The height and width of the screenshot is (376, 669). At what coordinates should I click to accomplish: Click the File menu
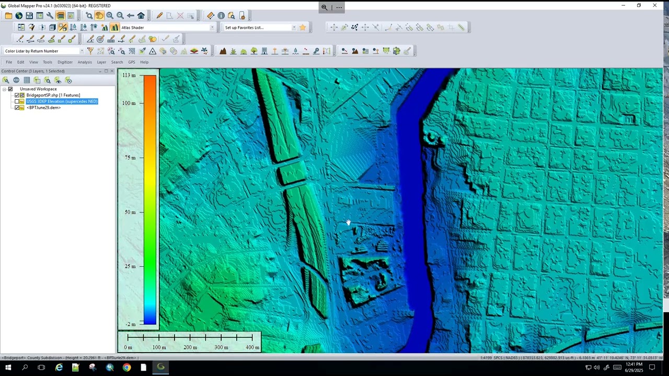(9, 62)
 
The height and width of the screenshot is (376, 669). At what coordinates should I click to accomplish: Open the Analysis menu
(85, 62)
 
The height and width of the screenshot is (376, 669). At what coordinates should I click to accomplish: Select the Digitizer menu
(65, 62)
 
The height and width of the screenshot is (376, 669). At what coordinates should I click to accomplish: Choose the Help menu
(144, 62)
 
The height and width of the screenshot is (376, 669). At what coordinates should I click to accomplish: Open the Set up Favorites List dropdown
(260, 28)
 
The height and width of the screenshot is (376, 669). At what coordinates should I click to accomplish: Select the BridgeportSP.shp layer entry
(53, 95)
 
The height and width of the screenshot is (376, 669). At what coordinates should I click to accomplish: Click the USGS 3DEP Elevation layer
(62, 101)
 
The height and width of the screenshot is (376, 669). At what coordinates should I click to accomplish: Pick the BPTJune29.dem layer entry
(44, 108)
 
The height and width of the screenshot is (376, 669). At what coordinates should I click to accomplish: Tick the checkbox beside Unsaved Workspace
(10, 89)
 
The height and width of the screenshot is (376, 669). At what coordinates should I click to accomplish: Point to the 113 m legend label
(129, 75)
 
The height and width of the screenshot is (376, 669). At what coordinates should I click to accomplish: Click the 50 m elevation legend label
(130, 212)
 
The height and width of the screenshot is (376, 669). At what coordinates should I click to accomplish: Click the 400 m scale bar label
(252, 347)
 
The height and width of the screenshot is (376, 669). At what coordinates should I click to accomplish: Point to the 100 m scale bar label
(159, 347)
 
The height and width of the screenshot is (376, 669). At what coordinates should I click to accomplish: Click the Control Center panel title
(33, 71)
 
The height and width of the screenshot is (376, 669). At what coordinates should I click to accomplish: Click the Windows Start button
(8, 368)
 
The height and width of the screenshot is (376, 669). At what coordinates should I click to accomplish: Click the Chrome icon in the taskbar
(126, 368)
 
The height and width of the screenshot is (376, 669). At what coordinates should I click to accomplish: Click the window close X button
(655, 5)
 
